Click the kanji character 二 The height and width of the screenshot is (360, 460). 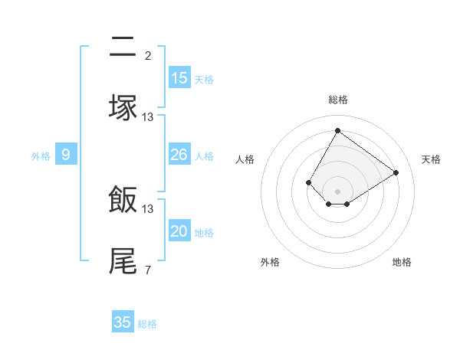click(x=123, y=49)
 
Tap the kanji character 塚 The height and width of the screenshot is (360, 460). click(x=123, y=107)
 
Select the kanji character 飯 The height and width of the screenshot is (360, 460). click(x=123, y=201)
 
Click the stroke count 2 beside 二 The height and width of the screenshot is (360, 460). click(x=147, y=55)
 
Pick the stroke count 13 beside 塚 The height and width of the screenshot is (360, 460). click(x=148, y=116)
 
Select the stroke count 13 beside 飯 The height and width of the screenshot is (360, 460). click(x=148, y=208)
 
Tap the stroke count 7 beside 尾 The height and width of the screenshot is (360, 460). click(x=147, y=270)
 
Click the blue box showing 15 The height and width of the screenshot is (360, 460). click(x=179, y=78)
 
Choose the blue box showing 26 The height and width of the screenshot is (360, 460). click(x=179, y=155)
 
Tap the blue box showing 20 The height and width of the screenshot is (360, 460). click(x=179, y=231)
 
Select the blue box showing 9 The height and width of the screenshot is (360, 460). click(x=66, y=155)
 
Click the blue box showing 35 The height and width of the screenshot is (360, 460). click(x=123, y=322)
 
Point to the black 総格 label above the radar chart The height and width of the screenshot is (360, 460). click(x=338, y=100)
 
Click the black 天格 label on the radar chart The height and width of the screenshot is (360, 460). click(x=431, y=159)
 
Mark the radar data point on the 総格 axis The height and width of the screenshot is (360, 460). click(x=337, y=130)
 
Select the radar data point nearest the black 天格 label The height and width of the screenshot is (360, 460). click(x=396, y=172)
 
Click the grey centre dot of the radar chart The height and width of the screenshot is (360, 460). click(x=337, y=191)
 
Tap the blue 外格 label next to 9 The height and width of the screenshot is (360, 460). click(x=41, y=156)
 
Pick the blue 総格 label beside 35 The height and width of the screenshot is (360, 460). click(x=147, y=324)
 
